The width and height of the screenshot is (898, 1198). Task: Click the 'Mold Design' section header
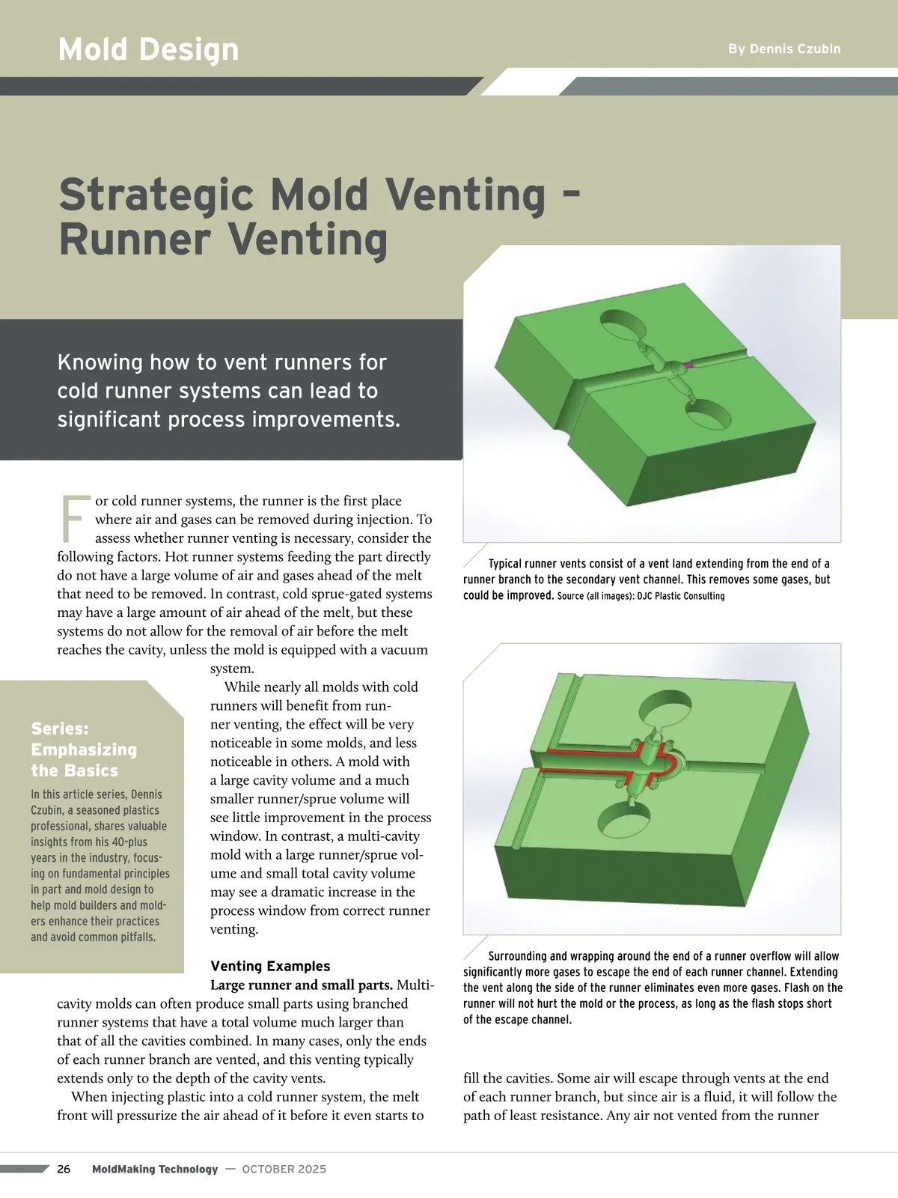point(148,49)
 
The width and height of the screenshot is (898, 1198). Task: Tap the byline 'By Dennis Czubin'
point(784,49)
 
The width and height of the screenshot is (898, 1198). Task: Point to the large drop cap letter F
point(73,519)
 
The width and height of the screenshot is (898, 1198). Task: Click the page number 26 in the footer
point(64,1169)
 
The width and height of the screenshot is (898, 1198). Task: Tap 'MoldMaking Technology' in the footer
point(155,1169)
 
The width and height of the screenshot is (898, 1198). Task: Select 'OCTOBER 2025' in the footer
point(284,1169)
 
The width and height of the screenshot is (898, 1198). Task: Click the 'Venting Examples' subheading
point(270,966)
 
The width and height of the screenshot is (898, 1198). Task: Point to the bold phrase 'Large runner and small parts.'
point(302,985)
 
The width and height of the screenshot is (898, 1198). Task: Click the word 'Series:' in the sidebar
point(60,729)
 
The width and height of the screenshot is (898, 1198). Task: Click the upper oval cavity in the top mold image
point(623,324)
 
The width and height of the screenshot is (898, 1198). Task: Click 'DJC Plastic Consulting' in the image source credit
point(681,596)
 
